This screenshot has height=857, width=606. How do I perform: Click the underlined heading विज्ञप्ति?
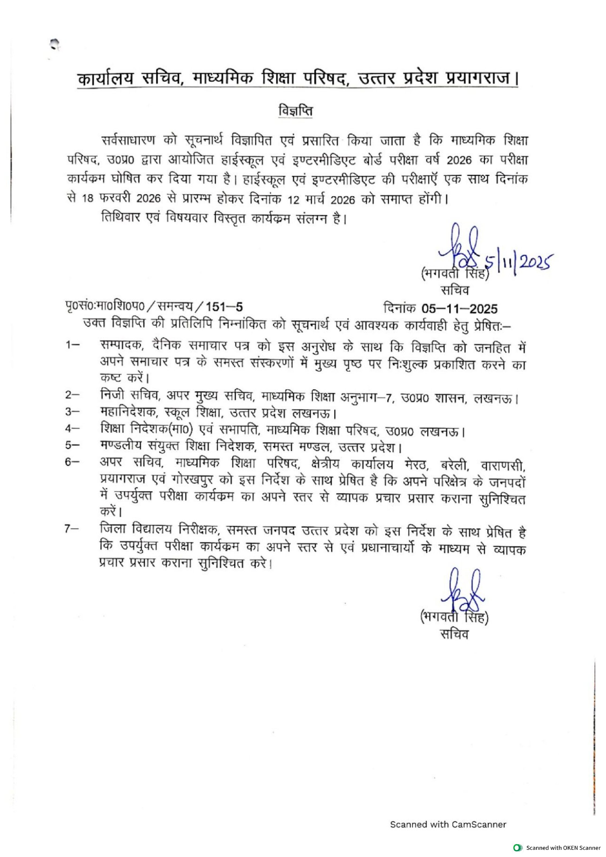[x=295, y=112]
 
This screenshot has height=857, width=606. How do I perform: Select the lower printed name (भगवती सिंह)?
[x=454, y=618]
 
